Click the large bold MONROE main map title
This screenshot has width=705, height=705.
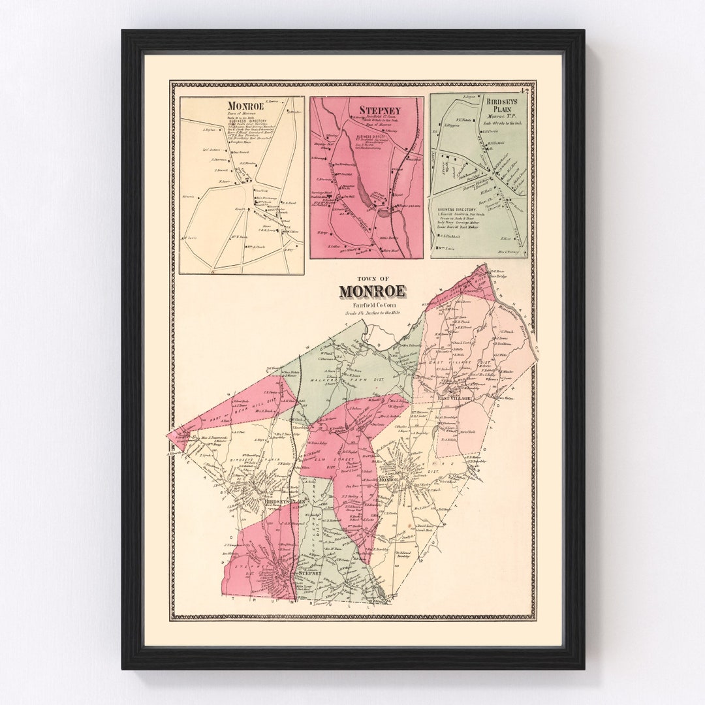pyautogui.click(x=371, y=291)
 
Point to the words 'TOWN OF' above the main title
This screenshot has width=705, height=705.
pyautogui.click(x=371, y=277)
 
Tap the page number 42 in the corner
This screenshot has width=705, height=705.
pyautogui.click(x=529, y=91)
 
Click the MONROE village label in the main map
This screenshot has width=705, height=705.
pyautogui.click(x=390, y=480)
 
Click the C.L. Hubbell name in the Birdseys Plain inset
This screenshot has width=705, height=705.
pyautogui.click(x=451, y=237)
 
